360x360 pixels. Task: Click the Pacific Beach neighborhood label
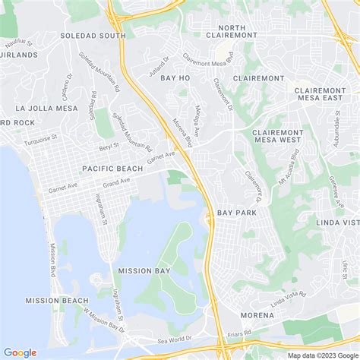pos(113,169)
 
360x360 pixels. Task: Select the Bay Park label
pos(236,213)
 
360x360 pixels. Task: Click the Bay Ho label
pos(174,78)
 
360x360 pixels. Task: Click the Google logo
pos(20,352)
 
